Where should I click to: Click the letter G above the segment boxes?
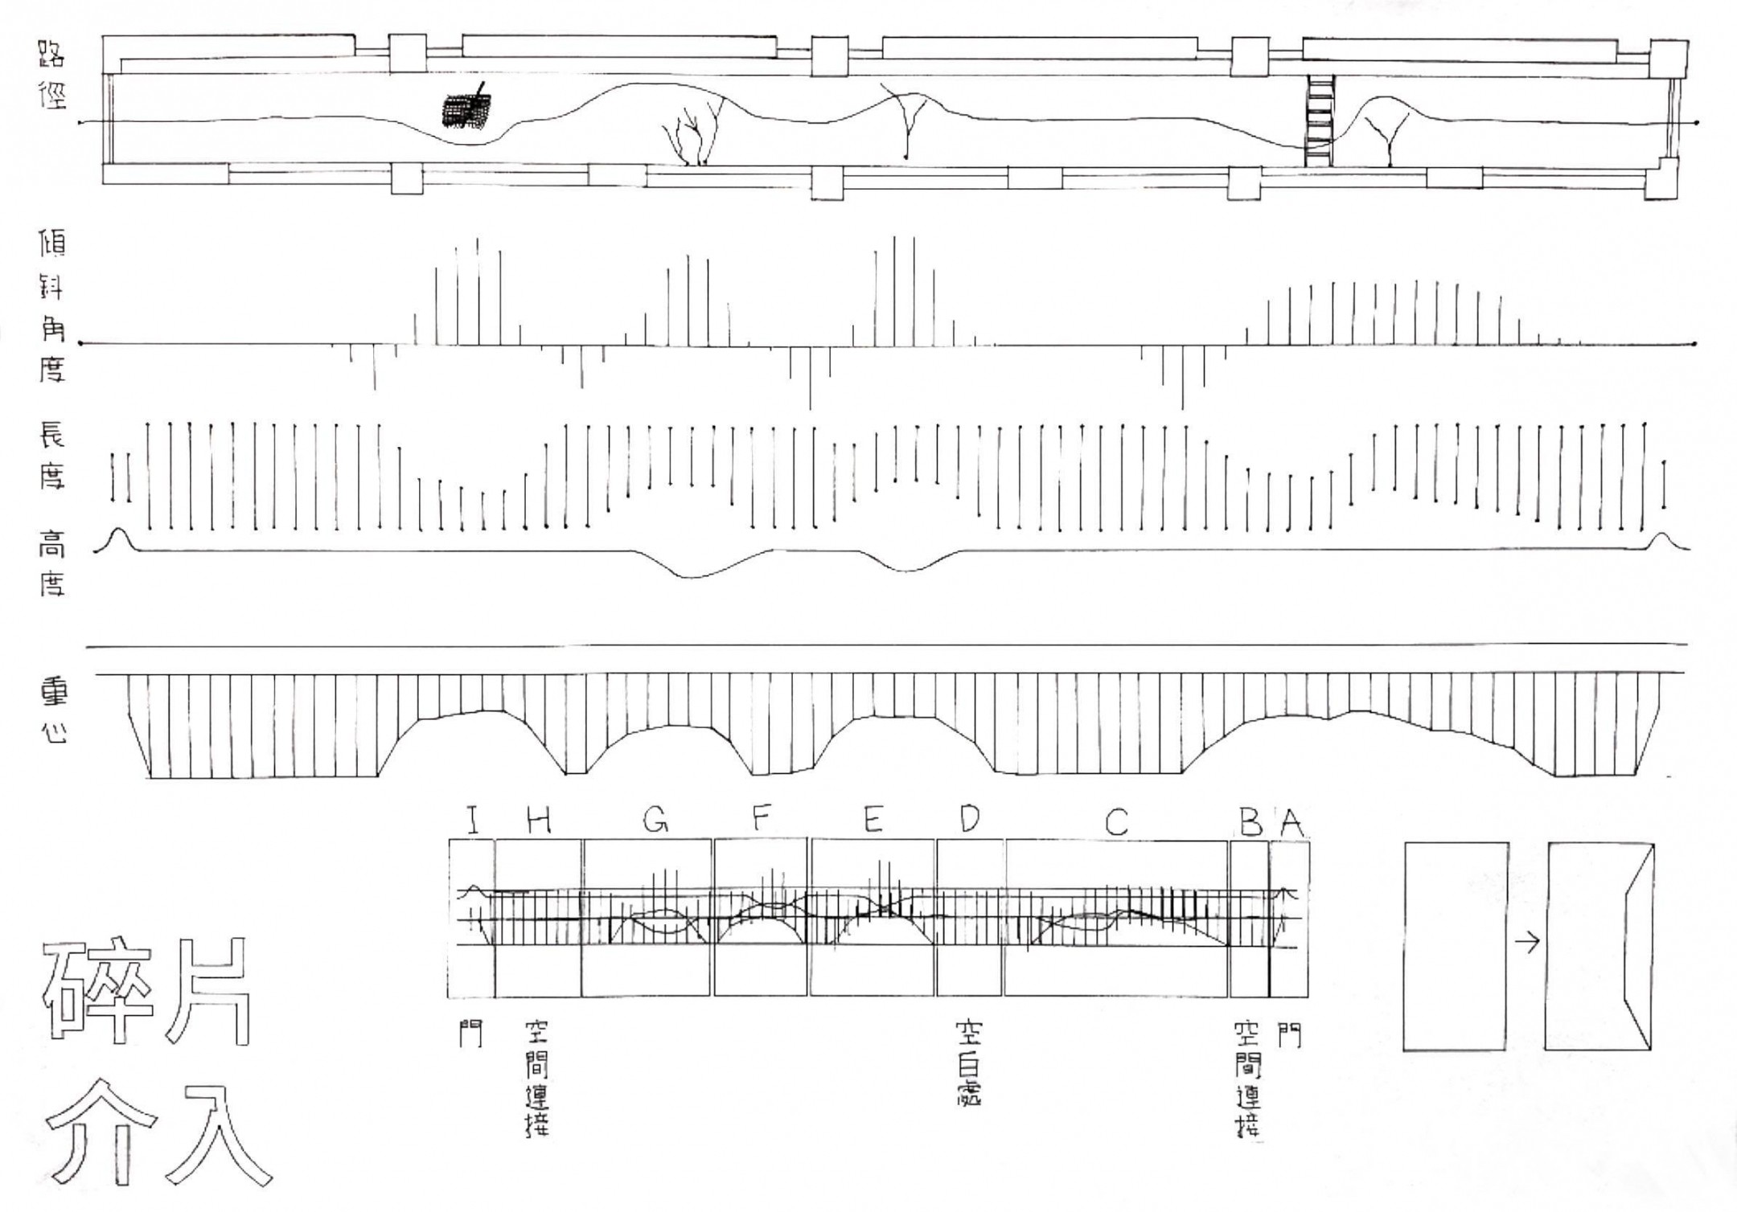[x=656, y=819]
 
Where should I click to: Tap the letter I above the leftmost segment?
[x=473, y=821]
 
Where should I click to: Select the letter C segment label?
[x=1116, y=821]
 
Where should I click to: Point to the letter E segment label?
[x=873, y=820]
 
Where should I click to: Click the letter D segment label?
[x=970, y=819]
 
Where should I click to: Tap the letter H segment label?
[x=538, y=821]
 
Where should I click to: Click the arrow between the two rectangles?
[x=1526, y=943]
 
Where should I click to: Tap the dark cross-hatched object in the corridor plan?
[x=466, y=110]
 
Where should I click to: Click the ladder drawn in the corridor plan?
[x=1320, y=121]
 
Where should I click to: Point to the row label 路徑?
[x=51, y=76]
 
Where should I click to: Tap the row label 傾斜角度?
[x=51, y=306]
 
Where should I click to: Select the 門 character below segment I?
[x=470, y=1034]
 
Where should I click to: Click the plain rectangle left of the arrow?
[x=1456, y=946]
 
